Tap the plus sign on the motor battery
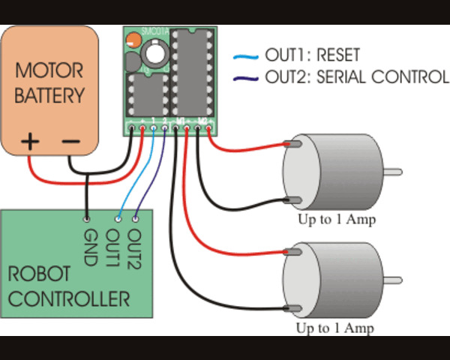coord(31,140)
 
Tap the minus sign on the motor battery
coord(70,140)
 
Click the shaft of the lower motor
coord(394,280)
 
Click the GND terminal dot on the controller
coord(87,219)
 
